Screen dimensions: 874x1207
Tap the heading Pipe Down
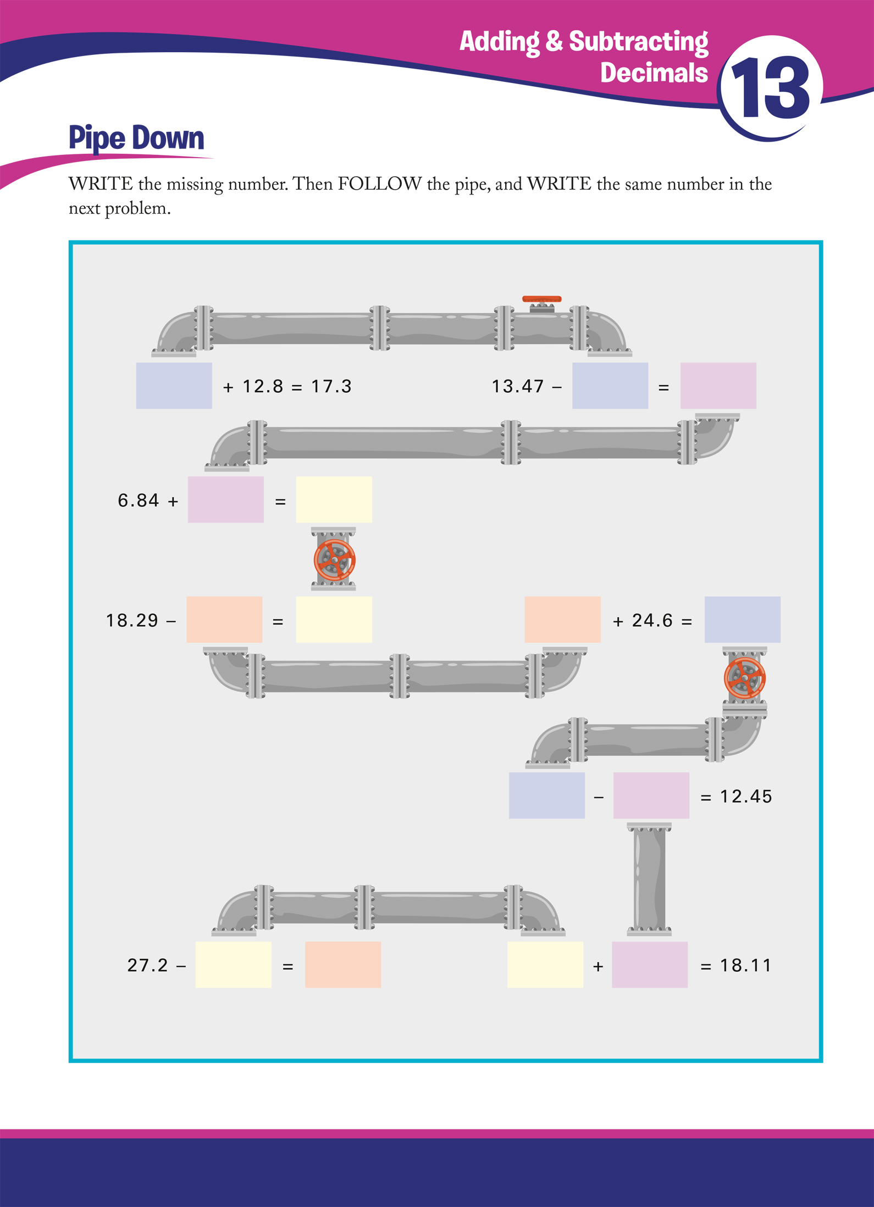click(x=136, y=138)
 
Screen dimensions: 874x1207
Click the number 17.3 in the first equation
click(x=331, y=386)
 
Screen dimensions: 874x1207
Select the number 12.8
click(x=263, y=386)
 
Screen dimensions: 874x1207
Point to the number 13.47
click(x=517, y=386)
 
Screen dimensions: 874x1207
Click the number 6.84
click(x=139, y=500)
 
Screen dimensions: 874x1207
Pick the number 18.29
click(x=132, y=620)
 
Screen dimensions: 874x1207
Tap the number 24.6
click(x=652, y=620)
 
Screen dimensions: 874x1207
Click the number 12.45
click(x=746, y=796)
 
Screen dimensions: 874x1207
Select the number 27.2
click(x=147, y=965)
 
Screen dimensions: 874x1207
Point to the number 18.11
click(x=746, y=965)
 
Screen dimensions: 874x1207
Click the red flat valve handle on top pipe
click(x=542, y=299)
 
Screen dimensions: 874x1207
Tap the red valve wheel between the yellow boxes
click(x=334, y=560)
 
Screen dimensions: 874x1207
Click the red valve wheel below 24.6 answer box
click(x=745, y=678)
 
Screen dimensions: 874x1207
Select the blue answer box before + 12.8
click(x=174, y=386)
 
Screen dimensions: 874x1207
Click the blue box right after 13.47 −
click(x=610, y=386)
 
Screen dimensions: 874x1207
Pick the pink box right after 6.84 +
click(x=226, y=499)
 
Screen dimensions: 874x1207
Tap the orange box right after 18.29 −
click(x=224, y=620)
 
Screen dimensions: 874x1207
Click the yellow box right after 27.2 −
click(x=234, y=965)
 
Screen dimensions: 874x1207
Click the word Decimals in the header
click(x=654, y=73)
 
